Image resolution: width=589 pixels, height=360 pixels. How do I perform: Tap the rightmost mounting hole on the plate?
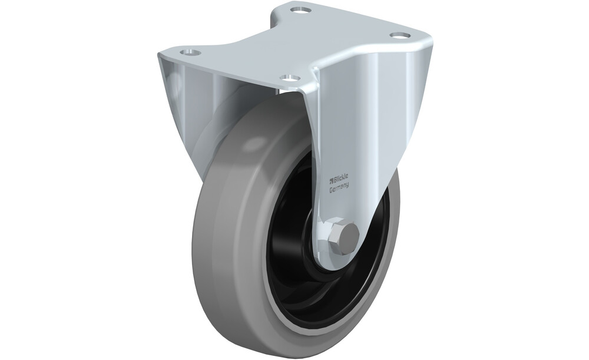(x=399, y=35)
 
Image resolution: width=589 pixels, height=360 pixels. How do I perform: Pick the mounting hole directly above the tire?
(x=289, y=78)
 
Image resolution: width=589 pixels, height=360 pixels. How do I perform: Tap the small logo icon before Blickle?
(x=332, y=178)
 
